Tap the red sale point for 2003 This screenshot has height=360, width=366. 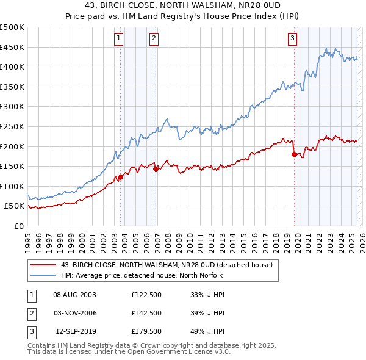point(120,177)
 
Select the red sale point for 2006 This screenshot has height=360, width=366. point(156,169)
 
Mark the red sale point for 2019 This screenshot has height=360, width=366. point(294,154)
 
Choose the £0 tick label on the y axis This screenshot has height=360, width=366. point(18,226)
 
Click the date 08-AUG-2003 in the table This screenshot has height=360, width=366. point(75,295)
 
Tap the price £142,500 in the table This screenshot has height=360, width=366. point(145,313)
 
